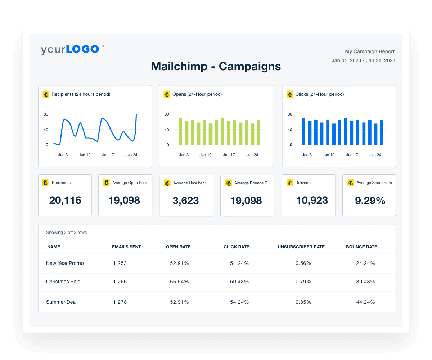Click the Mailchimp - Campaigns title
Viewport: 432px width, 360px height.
[216, 66]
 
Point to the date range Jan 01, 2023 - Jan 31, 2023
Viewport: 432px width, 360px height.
[363, 61]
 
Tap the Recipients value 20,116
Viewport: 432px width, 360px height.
[65, 200]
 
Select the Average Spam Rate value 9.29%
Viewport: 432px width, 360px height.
[370, 200]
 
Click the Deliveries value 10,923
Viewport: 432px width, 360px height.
[312, 200]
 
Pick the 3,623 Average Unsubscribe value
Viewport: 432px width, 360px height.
[186, 201]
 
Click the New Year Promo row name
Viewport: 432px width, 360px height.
[65, 263]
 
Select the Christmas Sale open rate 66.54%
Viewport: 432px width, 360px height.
[179, 282]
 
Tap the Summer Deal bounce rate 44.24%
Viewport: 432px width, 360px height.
[365, 302]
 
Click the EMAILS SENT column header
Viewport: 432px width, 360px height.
[126, 247]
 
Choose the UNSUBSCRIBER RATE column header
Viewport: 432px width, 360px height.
[301, 247]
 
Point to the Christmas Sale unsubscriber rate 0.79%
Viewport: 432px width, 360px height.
[303, 282]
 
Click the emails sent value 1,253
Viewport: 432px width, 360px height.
[120, 263]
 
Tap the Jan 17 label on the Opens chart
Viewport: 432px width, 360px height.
[229, 155]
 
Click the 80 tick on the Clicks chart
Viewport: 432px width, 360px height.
[290, 114]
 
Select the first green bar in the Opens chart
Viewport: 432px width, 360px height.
[180, 132]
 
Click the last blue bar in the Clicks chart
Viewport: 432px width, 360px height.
[382, 133]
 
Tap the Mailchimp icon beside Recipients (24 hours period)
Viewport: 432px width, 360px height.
[46, 94]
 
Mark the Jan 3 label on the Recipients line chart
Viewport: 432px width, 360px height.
[63, 155]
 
